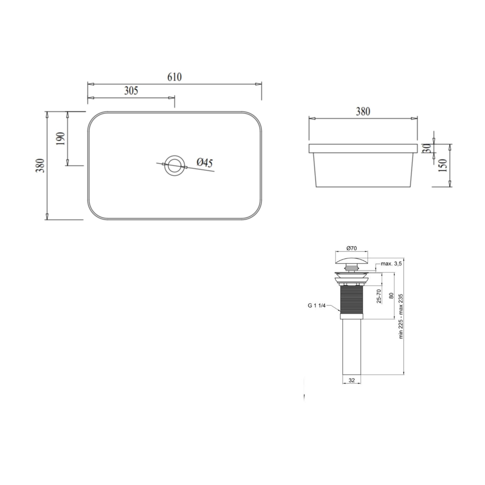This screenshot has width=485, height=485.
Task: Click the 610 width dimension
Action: click(x=174, y=77)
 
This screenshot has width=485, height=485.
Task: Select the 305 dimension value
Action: click(x=131, y=91)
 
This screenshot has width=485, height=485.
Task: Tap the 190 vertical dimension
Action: click(x=61, y=138)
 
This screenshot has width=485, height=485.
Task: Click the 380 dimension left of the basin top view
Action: click(x=40, y=165)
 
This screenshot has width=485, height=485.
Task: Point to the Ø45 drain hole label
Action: click(x=205, y=162)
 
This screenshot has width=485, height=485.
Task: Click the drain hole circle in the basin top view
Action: click(x=174, y=156)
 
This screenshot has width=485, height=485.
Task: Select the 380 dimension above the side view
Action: click(x=363, y=111)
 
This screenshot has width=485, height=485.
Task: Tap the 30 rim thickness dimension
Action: click(x=427, y=148)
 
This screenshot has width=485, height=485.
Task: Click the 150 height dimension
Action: click(x=442, y=165)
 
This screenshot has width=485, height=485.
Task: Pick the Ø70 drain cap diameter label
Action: click(x=351, y=248)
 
